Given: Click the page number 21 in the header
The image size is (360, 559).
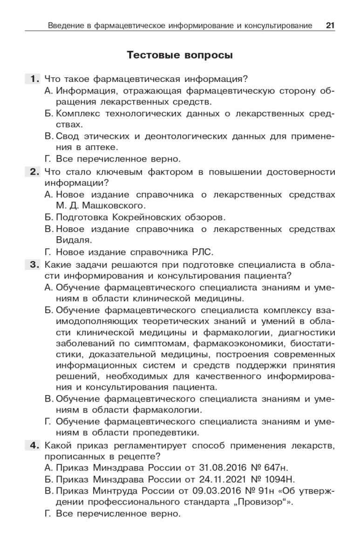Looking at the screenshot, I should [x=330, y=25].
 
